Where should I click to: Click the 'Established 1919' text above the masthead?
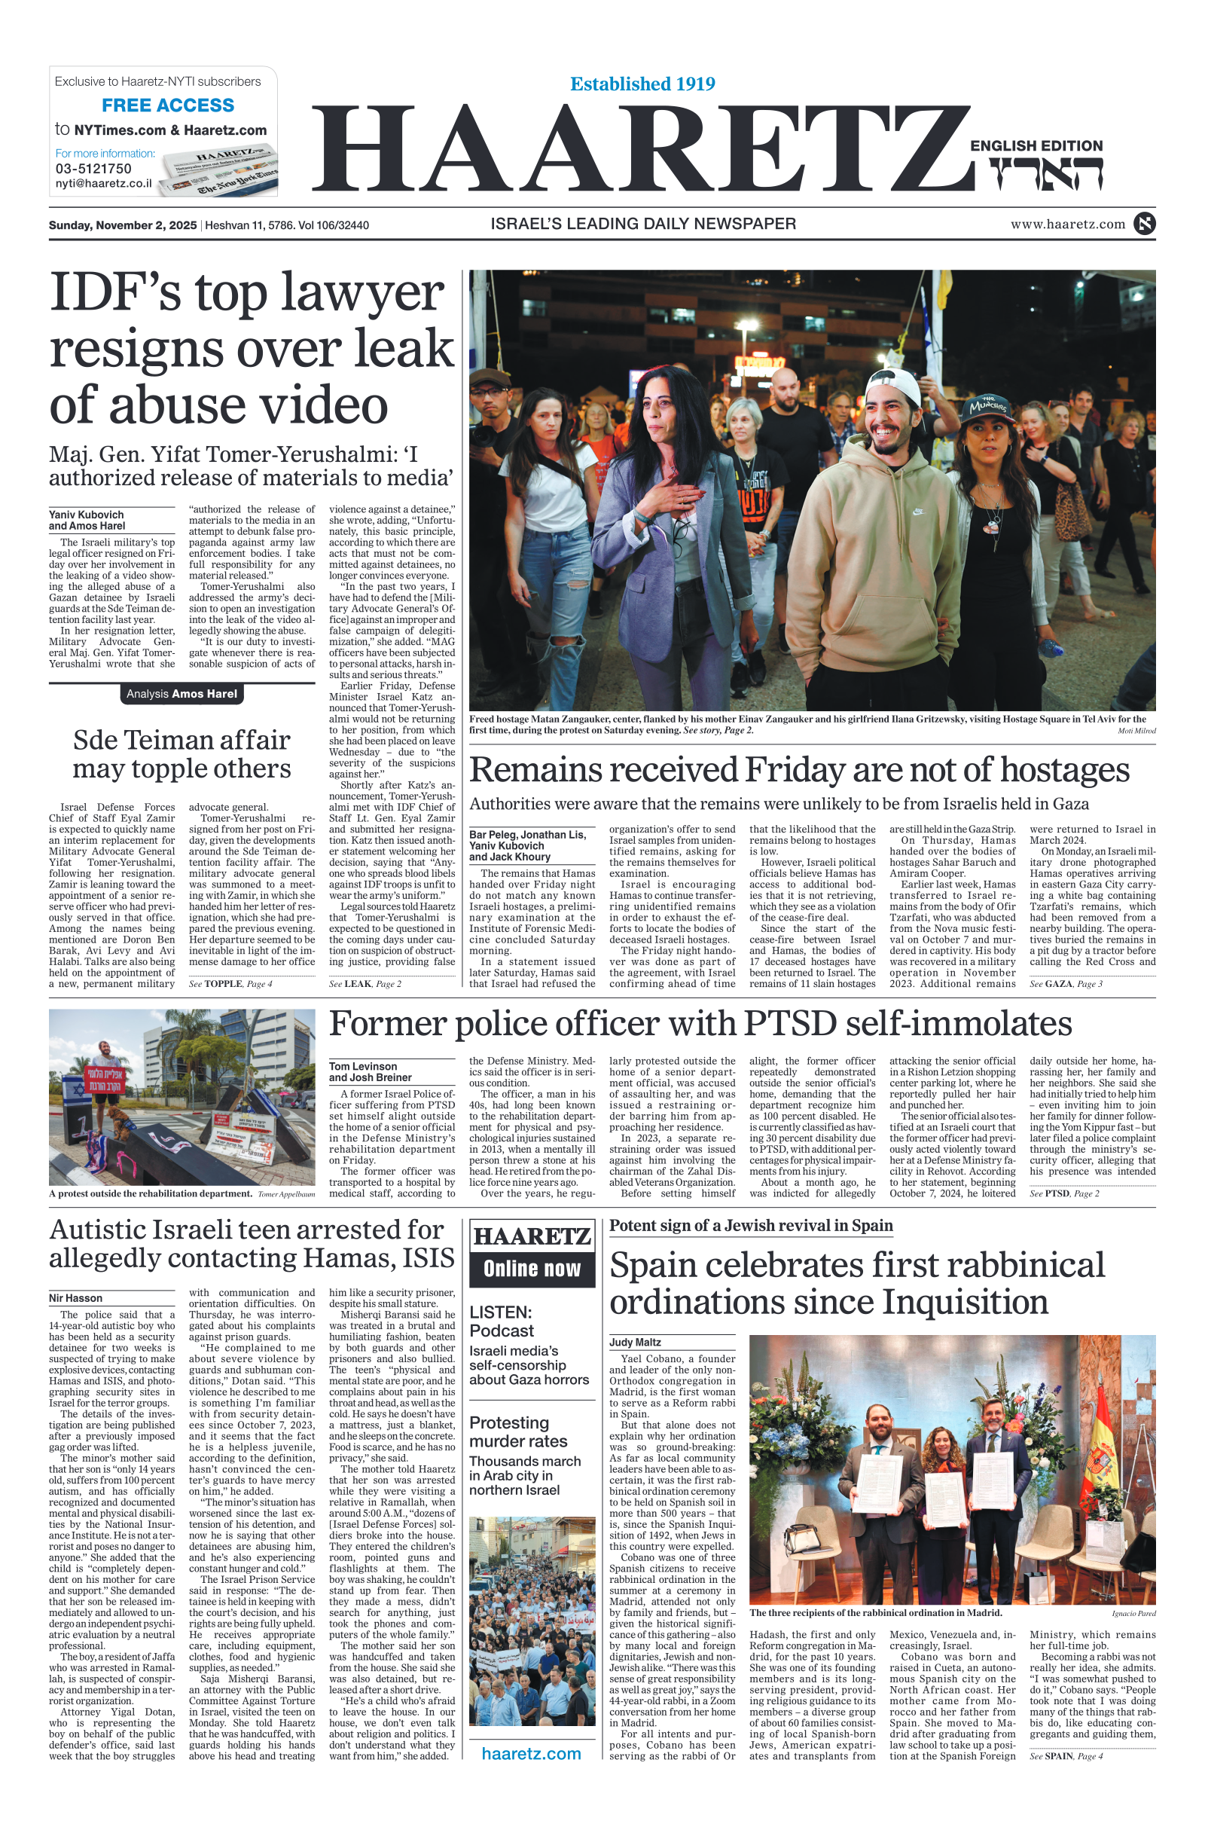coord(642,84)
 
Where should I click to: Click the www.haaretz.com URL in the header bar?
coord(1067,225)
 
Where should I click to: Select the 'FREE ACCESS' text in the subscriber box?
coord(167,105)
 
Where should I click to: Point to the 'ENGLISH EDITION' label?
coord(1036,146)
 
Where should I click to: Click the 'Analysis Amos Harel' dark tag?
coord(182,694)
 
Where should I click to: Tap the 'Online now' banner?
coord(532,1269)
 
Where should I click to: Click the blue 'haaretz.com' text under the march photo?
coord(531,1753)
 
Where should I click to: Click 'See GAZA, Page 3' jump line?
coord(1066,984)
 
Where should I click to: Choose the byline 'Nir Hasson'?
coord(75,1298)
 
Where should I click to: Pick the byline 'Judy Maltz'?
coord(636,1342)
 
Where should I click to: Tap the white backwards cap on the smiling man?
coord(898,385)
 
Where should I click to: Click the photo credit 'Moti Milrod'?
coord(1136,731)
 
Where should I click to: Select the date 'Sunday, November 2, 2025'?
coord(123,225)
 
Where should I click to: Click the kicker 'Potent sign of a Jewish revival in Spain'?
coord(751,1226)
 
